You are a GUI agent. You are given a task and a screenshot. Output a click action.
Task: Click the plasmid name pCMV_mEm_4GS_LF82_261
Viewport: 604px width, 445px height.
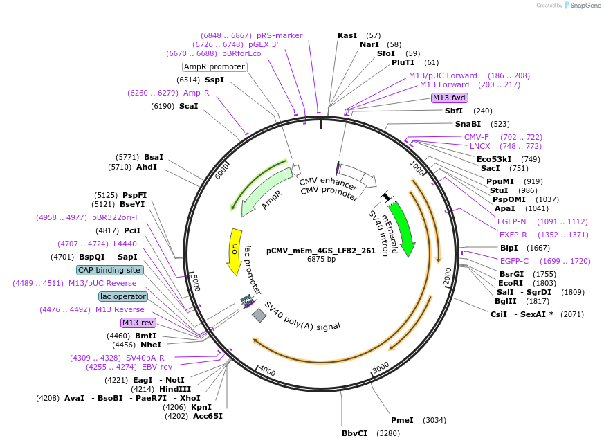[x=321, y=251]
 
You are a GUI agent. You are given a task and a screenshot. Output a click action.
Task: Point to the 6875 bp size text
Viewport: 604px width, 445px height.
[x=321, y=260]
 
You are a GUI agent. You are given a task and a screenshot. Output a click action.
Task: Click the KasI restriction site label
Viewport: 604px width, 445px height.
[x=347, y=35]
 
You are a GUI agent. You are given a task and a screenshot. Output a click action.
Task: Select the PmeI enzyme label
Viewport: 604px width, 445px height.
[x=402, y=420]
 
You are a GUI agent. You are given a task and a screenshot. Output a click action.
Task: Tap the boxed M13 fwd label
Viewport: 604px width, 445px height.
[x=450, y=98]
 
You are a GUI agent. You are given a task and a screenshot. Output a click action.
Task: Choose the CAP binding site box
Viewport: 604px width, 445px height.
[x=110, y=270]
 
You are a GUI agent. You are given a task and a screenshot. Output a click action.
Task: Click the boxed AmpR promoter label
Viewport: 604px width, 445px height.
[x=214, y=66]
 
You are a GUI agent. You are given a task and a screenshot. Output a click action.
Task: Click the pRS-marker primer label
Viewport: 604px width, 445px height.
[x=280, y=35]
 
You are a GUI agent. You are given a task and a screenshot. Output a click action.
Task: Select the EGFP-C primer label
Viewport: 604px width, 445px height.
[x=514, y=261]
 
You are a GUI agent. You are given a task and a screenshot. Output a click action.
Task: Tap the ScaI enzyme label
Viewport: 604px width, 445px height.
[x=188, y=106]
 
